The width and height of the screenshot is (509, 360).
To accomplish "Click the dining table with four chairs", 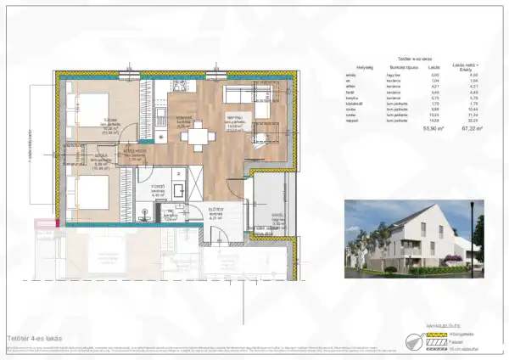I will coord(197,133).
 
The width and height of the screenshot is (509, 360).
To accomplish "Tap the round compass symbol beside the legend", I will coord(413,340).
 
